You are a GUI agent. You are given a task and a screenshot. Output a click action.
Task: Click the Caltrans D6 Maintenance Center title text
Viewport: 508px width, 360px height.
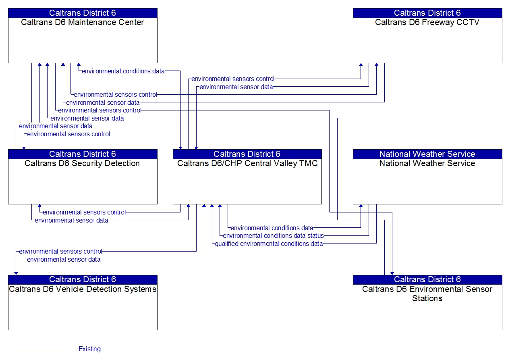82,22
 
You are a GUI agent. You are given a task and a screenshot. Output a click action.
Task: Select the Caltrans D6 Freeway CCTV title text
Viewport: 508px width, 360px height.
427,22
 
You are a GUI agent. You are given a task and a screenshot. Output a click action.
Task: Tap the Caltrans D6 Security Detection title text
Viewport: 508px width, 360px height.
82,163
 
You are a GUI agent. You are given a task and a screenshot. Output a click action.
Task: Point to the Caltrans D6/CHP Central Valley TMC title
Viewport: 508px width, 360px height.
247,163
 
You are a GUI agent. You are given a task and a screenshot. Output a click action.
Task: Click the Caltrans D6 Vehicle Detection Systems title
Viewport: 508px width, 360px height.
83,289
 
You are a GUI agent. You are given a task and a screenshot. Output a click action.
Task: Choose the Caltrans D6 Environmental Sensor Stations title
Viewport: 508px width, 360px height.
427,293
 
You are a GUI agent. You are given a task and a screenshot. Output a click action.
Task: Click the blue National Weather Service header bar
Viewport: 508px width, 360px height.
427,154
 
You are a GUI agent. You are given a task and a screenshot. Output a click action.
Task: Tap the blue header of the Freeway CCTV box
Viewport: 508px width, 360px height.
427,13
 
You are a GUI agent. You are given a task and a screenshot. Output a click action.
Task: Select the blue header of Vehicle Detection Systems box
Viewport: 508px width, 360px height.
82,279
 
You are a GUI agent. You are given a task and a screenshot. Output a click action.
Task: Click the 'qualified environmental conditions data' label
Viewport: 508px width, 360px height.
269,243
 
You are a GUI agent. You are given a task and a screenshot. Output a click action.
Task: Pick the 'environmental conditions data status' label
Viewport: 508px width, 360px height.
273,235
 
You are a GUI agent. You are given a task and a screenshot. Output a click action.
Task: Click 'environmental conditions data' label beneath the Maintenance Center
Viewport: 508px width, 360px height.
123,71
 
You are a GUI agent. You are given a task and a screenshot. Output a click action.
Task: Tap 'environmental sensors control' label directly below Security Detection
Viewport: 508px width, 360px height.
84,212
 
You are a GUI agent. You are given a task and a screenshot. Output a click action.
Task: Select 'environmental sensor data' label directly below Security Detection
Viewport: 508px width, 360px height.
71,220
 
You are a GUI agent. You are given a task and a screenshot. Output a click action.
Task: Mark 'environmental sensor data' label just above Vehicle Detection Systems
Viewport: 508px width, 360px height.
64,260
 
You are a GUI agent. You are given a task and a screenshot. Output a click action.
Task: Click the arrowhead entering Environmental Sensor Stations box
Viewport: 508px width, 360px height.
392,273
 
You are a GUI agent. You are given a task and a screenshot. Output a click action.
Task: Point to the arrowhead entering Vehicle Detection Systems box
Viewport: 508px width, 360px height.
16,273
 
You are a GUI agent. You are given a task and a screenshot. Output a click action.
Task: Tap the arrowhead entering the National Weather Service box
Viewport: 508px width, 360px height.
361,206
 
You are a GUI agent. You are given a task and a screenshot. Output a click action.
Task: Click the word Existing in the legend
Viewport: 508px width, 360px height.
89,349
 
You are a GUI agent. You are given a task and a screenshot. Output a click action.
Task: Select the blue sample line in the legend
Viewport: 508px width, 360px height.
39,349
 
